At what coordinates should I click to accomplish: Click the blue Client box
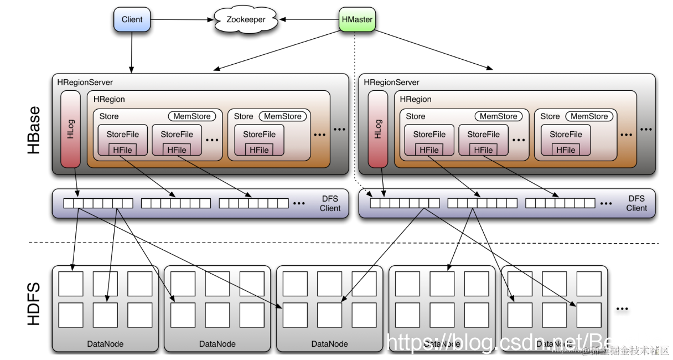(x=132, y=19)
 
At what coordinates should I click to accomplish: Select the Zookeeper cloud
(x=246, y=20)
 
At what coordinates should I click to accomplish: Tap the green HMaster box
(x=356, y=20)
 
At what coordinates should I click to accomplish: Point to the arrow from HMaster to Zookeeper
(x=310, y=20)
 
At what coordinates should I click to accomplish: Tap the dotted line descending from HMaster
(x=354, y=111)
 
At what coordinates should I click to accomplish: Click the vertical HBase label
(x=34, y=130)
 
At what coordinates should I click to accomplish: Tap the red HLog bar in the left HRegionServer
(x=71, y=128)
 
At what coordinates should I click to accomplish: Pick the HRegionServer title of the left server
(x=85, y=83)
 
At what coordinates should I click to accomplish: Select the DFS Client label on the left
(x=330, y=203)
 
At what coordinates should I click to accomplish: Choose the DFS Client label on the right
(x=636, y=203)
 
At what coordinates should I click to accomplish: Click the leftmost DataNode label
(x=105, y=344)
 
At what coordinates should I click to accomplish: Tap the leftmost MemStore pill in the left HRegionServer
(x=192, y=116)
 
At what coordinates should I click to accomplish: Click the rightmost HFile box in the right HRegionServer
(x=566, y=150)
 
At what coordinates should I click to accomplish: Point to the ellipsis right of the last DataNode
(x=622, y=308)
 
